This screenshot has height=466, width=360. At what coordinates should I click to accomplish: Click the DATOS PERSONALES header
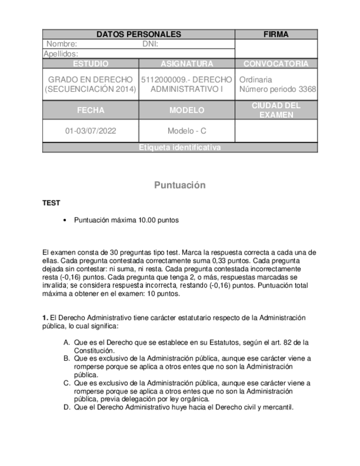(139, 34)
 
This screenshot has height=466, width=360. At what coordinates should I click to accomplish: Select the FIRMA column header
(276, 34)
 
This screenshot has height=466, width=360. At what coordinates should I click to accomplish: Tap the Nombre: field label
(62, 44)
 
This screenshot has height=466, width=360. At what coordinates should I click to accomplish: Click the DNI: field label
(150, 44)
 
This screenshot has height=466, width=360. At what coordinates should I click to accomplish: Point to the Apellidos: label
(60, 54)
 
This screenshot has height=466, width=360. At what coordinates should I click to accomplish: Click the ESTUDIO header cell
(90, 64)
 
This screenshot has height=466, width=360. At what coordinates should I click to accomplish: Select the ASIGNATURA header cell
(187, 64)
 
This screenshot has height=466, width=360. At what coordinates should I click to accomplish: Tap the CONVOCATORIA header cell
(276, 64)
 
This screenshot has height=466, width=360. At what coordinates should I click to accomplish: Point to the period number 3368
(307, 89)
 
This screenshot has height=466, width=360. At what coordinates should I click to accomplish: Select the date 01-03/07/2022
(91, 131)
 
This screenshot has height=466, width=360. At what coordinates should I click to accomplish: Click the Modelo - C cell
(187, 131)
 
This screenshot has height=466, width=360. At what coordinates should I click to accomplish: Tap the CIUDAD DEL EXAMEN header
(276, 110)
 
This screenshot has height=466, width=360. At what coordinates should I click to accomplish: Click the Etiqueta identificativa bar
(180, 147)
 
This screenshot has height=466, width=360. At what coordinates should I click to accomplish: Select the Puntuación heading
(180, 185)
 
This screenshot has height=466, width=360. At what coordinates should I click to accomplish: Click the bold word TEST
(51, 203)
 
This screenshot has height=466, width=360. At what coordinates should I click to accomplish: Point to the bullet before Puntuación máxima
(65, 220)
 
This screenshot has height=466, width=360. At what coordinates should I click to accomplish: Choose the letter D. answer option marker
(67, 407)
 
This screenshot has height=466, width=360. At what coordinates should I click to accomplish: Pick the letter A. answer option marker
(67, 342)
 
